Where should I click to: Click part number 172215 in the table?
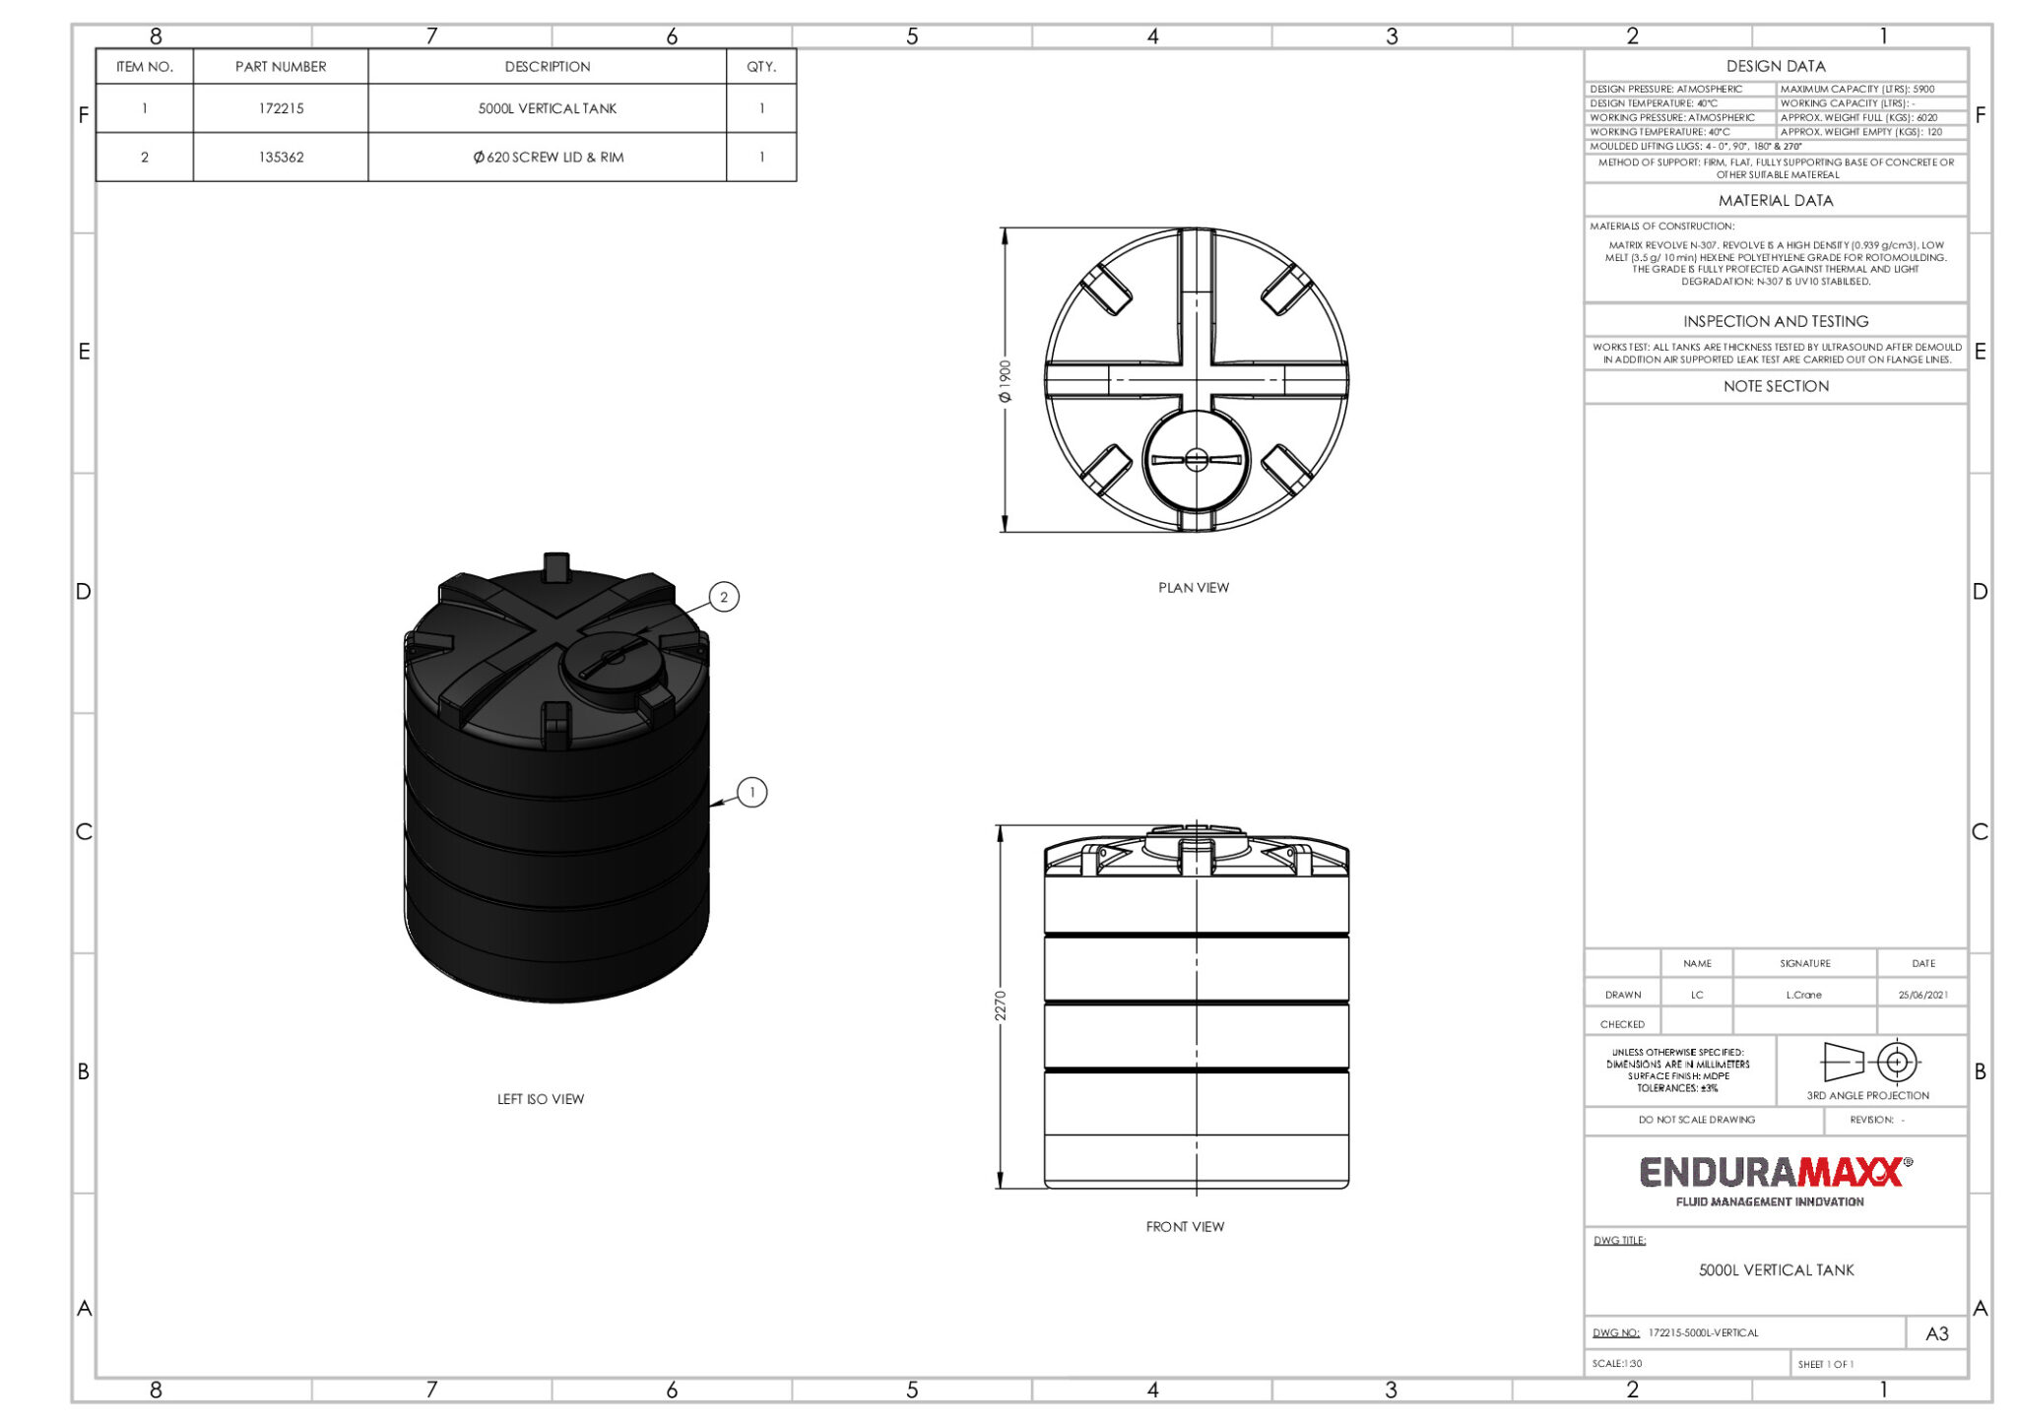pyautogui.click(x=281, y=108)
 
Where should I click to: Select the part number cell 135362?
pyautogui.click(x=281, y=157)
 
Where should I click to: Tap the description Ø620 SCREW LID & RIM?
pyautogui.click(x=548, y=157)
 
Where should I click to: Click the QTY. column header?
pyautogui.click(x=760, y=66)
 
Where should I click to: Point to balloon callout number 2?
pyautogui.click(x=724, y=597)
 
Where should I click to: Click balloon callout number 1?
pyautogui.click(x=752, y=792)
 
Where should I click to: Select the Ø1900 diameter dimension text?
pyautogui.click(x=1005, y=381)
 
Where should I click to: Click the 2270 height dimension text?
pyautogui.click(x=1001, y=1005)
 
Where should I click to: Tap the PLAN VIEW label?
pyautogui.click(x=1193, y=587)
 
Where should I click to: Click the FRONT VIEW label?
pyautogui.click(x=1185, y=1226)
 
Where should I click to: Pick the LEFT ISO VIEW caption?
pyautogui.click(x=540, y=1099)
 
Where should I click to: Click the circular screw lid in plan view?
pyautogui.click(x=1196, y=460)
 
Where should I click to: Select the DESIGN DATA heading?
pyautogui.click(x=1775, y=66)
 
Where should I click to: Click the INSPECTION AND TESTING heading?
pyautogui.click(x=1775, y=321)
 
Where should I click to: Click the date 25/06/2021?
pyautogui.click(x=1922, y=995)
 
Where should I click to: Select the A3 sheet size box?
pyautogui.click(x=1936, y=1333)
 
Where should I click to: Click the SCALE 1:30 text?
pyautogui.click(x=1617, y=1364)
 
